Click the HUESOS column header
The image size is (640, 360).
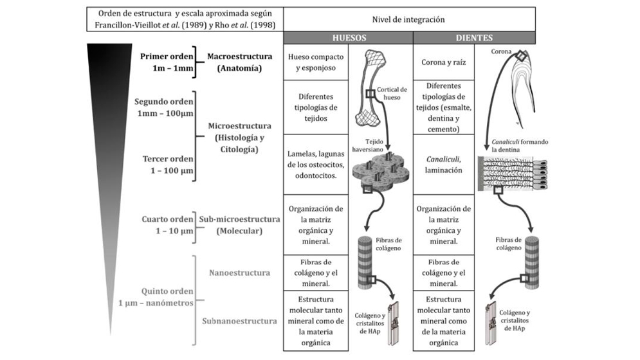coord(349,38)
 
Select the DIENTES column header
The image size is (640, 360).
coord(474,38)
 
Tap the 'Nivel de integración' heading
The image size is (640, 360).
coord(408,19)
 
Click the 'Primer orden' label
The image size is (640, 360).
coord(167,57)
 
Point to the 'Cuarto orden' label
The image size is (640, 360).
coord(167,219)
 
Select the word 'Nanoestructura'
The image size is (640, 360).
coord(239,273)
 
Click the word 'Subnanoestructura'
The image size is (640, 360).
coord(239,321)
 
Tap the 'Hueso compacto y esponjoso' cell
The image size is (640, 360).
coord(316,62)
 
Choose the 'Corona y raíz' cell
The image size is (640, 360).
coord(444,62)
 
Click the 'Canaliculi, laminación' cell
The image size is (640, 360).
coord(444,165)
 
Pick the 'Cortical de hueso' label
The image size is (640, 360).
coord(392,93)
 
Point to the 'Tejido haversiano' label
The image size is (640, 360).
coord(368,145)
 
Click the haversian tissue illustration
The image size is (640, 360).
coord(381,170)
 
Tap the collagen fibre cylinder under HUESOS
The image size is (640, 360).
coord(365,263)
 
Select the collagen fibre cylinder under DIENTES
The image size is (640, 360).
coord(532,263)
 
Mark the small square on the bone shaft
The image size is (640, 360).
coord(370,94)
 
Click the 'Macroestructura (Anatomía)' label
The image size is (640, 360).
coord(239,62)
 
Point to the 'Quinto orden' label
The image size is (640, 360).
coord(167,291)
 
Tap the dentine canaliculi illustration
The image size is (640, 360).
coord(513,174)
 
